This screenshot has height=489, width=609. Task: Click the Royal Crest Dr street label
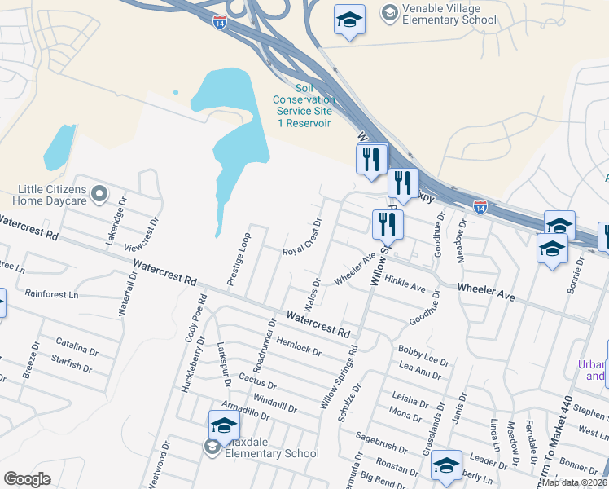[x=304, y=237]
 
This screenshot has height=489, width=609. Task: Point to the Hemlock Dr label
[x=298, y=346]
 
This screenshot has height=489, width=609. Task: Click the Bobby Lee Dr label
[x=423, y=355]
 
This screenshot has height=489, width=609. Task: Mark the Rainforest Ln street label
[x=51, y=293]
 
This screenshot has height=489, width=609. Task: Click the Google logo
[x=28, y=479]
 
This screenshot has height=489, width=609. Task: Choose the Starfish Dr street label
[x=71, y=363]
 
